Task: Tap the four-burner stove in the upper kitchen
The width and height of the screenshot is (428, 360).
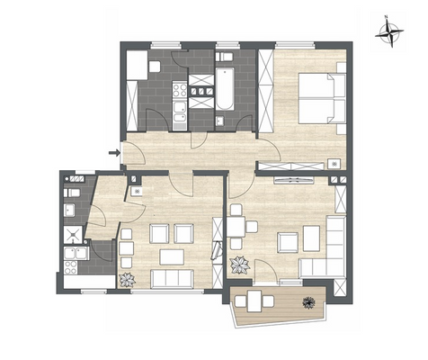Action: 177,89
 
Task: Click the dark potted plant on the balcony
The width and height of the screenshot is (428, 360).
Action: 308,301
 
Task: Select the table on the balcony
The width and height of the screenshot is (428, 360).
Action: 260,300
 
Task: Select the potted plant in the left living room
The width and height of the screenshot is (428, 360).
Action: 127,280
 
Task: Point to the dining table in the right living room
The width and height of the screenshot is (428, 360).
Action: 236,226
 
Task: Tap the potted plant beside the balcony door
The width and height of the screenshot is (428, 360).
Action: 240,265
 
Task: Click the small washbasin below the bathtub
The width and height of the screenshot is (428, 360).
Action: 220,121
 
